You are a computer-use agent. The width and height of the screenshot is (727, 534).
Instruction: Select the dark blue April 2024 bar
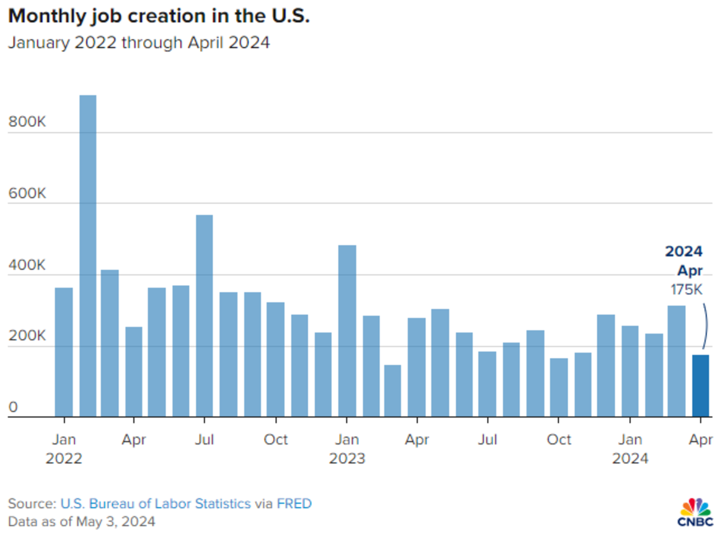tap(701, 386)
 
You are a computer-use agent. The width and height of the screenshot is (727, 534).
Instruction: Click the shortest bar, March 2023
tap(393, 391)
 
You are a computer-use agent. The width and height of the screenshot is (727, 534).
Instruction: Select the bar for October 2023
tap(559, 387)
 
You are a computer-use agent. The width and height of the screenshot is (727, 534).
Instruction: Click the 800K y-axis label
tap(28, 122)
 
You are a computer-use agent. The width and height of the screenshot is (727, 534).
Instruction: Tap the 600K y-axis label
tap(28, 194)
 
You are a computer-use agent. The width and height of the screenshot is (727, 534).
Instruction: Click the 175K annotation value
tap(686, 290)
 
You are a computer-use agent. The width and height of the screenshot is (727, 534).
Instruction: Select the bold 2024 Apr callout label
tap(685, 261)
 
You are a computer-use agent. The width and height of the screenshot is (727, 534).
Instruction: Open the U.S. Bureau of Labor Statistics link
tap(155, 503)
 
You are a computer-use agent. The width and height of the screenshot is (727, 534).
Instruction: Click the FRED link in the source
tap(294, 503)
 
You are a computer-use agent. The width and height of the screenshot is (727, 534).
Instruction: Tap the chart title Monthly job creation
tap(159, 16)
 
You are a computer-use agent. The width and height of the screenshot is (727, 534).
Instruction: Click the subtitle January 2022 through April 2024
tap(139, 43)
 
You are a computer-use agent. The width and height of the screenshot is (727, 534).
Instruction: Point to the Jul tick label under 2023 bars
tap(488, 439)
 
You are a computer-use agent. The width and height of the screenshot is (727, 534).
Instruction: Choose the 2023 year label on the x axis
tap(347, 459)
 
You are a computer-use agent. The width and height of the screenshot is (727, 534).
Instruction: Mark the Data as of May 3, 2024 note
tap(82, 521)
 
